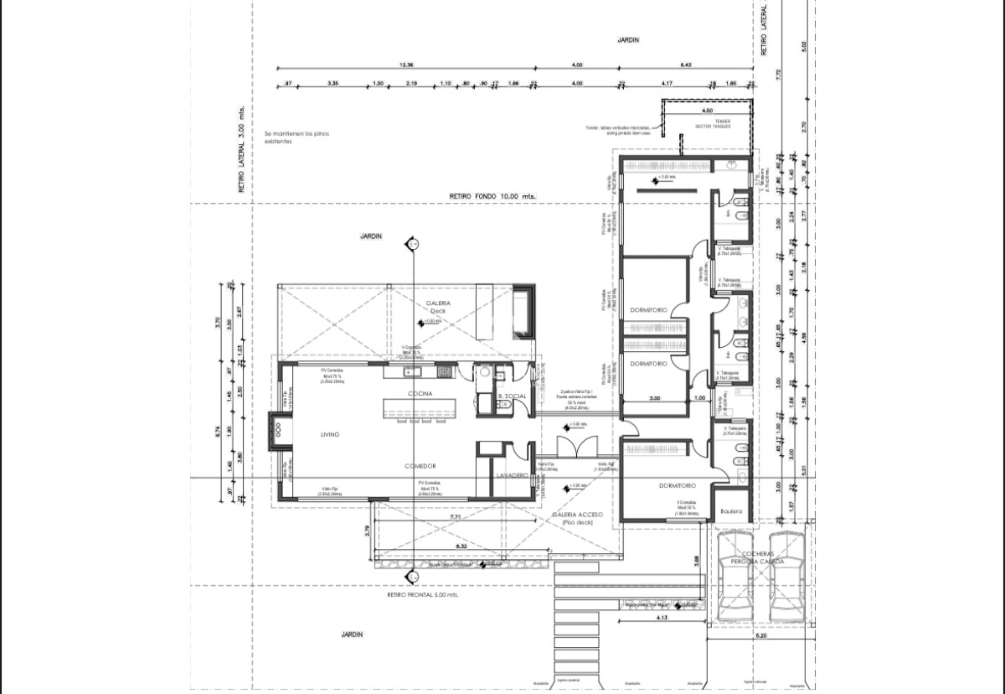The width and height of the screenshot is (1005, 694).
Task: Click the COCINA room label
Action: coord(419,393)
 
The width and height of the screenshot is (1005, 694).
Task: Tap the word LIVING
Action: coord(330,434)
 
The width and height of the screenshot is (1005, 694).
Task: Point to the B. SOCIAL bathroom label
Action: coord(511,395)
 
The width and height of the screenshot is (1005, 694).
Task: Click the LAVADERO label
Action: coord(511,475)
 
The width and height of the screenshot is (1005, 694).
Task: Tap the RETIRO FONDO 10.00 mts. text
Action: coord(492,196)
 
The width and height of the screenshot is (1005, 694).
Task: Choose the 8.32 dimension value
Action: coord(460,545)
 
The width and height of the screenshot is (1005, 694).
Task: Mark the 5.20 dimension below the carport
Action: coord(760,635)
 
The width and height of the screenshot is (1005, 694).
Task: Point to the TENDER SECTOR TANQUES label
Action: coord(713,124)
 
